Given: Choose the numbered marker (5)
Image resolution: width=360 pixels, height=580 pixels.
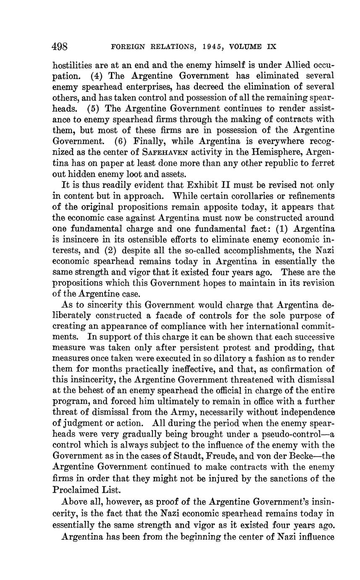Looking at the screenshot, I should (x=95, y=108).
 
